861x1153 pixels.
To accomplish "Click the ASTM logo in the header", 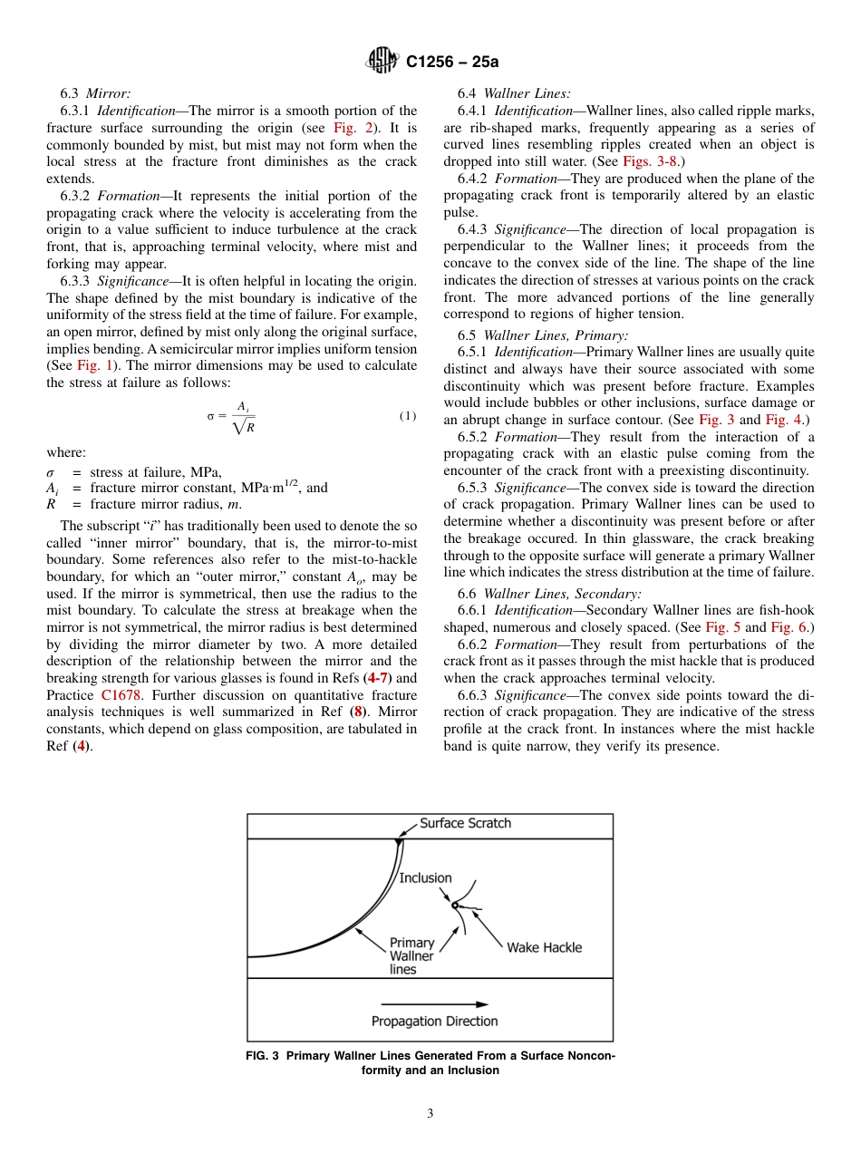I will coord(382,62).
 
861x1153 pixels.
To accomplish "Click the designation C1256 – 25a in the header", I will coord(452,63).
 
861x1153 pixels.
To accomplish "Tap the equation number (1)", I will coord(408,416).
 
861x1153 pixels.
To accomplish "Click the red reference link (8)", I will coord(357,712).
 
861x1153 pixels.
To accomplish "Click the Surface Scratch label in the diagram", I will coord(465,823).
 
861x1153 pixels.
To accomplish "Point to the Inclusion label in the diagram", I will coord(425,877).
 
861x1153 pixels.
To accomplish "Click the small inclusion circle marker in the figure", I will coord(454,905).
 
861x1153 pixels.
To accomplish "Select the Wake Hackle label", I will coord(544,947).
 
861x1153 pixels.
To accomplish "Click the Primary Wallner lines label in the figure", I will coord(411,955).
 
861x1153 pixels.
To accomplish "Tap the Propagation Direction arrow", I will coord(434,1003).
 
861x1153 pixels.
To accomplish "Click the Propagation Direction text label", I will coord(434,1022).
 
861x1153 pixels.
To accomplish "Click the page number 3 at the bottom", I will coord(430,1114).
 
